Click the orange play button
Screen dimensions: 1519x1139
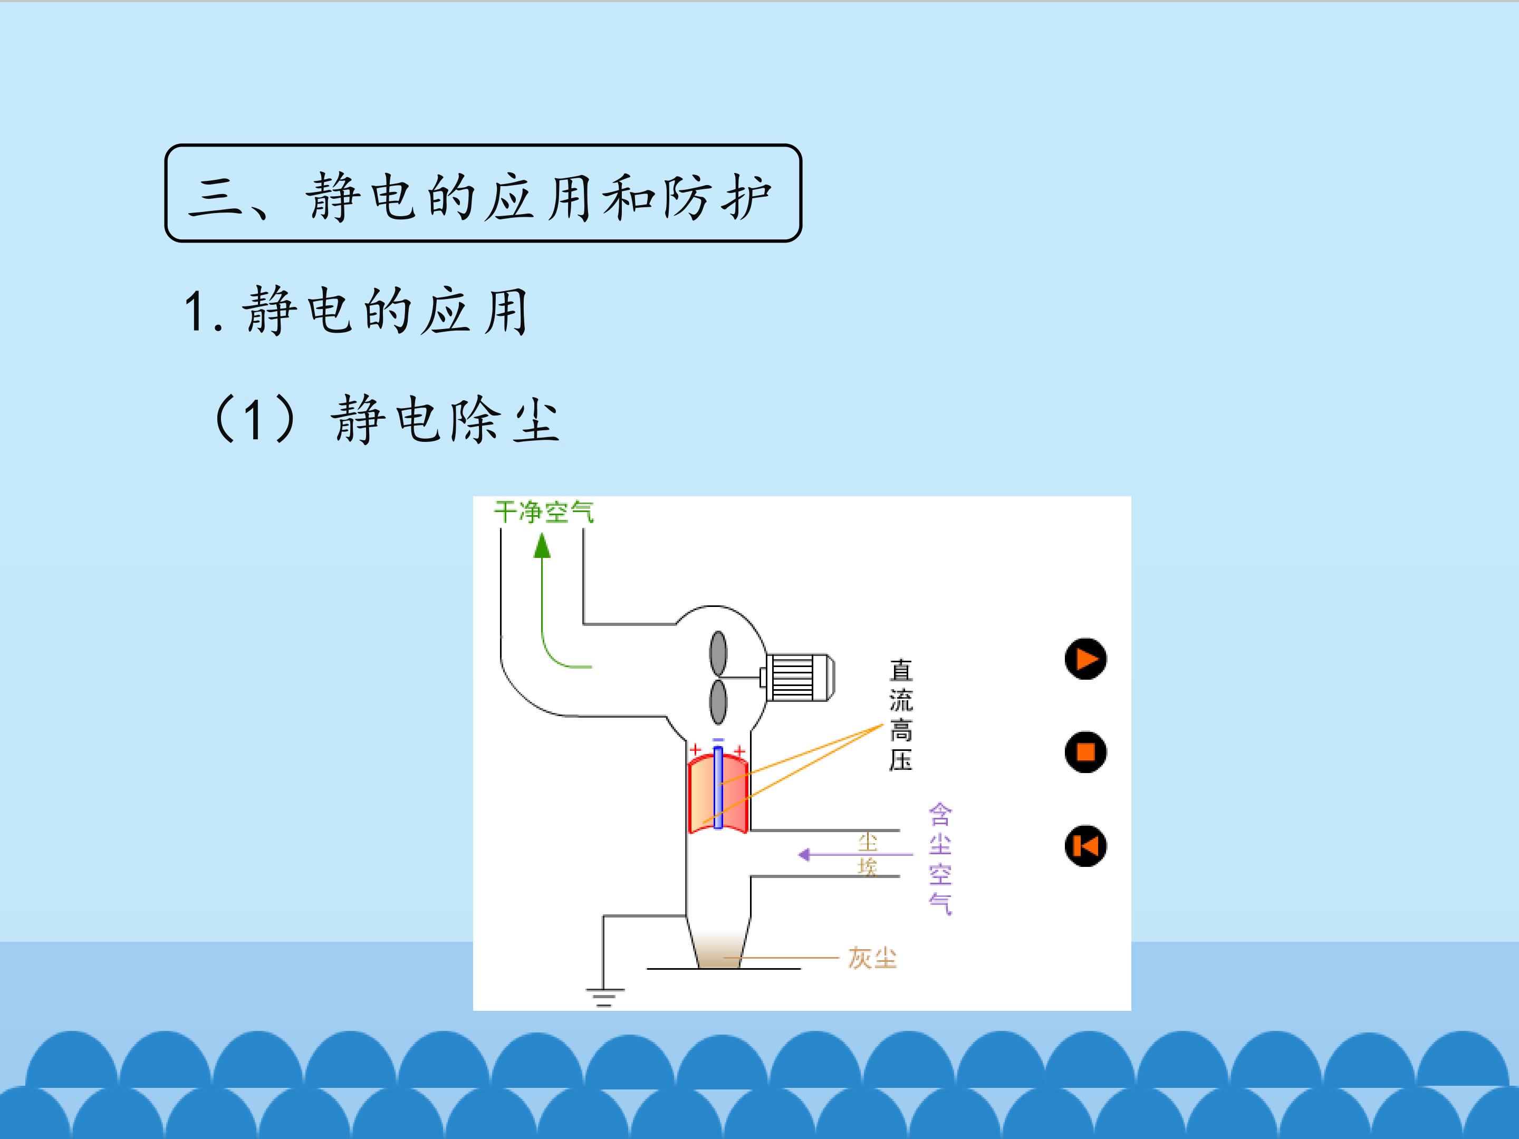point(1085,659)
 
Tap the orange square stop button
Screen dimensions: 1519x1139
point(1085,752)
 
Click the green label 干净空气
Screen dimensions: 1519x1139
point(544,512)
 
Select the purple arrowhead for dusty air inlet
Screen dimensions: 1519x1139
point(804,855)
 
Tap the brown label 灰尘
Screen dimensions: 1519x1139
point(872,958)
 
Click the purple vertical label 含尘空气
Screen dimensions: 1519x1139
point(940,859)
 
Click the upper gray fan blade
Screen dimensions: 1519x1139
point(718,653)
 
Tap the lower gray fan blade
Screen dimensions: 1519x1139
point(718,702)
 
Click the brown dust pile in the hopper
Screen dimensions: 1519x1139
point(718,951)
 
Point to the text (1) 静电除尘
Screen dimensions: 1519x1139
point(386,419)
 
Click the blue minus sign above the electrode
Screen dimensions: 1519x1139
point(718,739)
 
